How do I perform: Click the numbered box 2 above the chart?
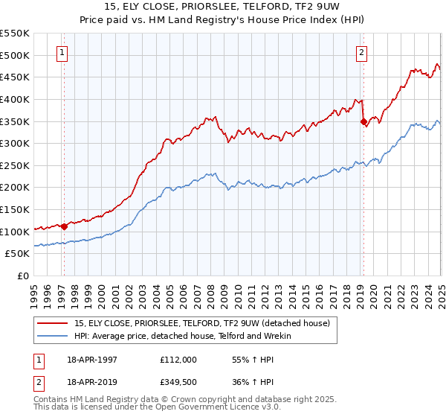[x=361, y=53]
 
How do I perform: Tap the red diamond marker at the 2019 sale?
[x=363, y=121]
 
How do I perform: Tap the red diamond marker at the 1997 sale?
[x=65, y=226]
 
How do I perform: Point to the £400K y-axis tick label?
[x=15, y=99]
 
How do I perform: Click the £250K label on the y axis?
[x=15, y=165]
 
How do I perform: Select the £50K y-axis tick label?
[x=18, y=254]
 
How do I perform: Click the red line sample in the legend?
[x=54, y=322]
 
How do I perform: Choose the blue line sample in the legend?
[x=54, y=336]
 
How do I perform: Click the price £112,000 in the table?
[x=178, y=359]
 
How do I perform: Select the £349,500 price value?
[x=178, y=382]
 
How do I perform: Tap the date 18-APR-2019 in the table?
[x=91, y=382]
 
